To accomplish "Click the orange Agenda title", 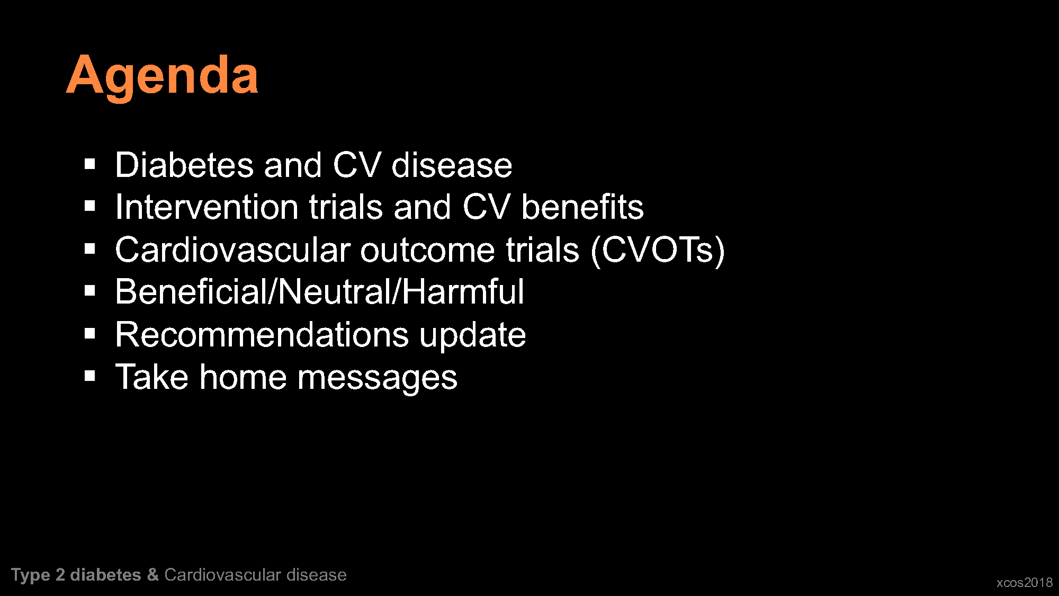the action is [x=162, y=76].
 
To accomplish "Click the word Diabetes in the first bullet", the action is [x=184, y=165].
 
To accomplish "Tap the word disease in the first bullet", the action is [x=452, y=165].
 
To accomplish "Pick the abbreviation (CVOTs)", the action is [x=658, y=251].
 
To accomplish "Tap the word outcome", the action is [x=427, y=250].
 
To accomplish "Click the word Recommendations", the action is [x=262, y=334].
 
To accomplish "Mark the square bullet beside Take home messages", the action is [x=89, y=376].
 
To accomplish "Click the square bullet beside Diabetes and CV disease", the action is [x=89, y=164].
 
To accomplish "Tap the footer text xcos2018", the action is [x=1025, y=582].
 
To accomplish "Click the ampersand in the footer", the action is [x=153, y=575].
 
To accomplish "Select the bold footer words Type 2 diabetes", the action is [x=76, y=575].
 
